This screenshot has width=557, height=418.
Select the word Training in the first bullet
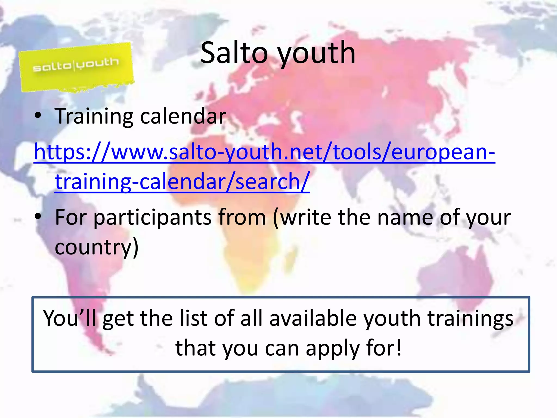click(94, 116)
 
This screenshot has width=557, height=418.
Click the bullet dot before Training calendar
click(38, 116)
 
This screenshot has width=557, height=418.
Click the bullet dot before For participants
click(38, 217)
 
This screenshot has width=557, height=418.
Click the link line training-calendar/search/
click(182, 181)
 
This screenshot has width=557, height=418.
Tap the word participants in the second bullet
click(152, 218)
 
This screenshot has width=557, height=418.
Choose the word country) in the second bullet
click(97, 247)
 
